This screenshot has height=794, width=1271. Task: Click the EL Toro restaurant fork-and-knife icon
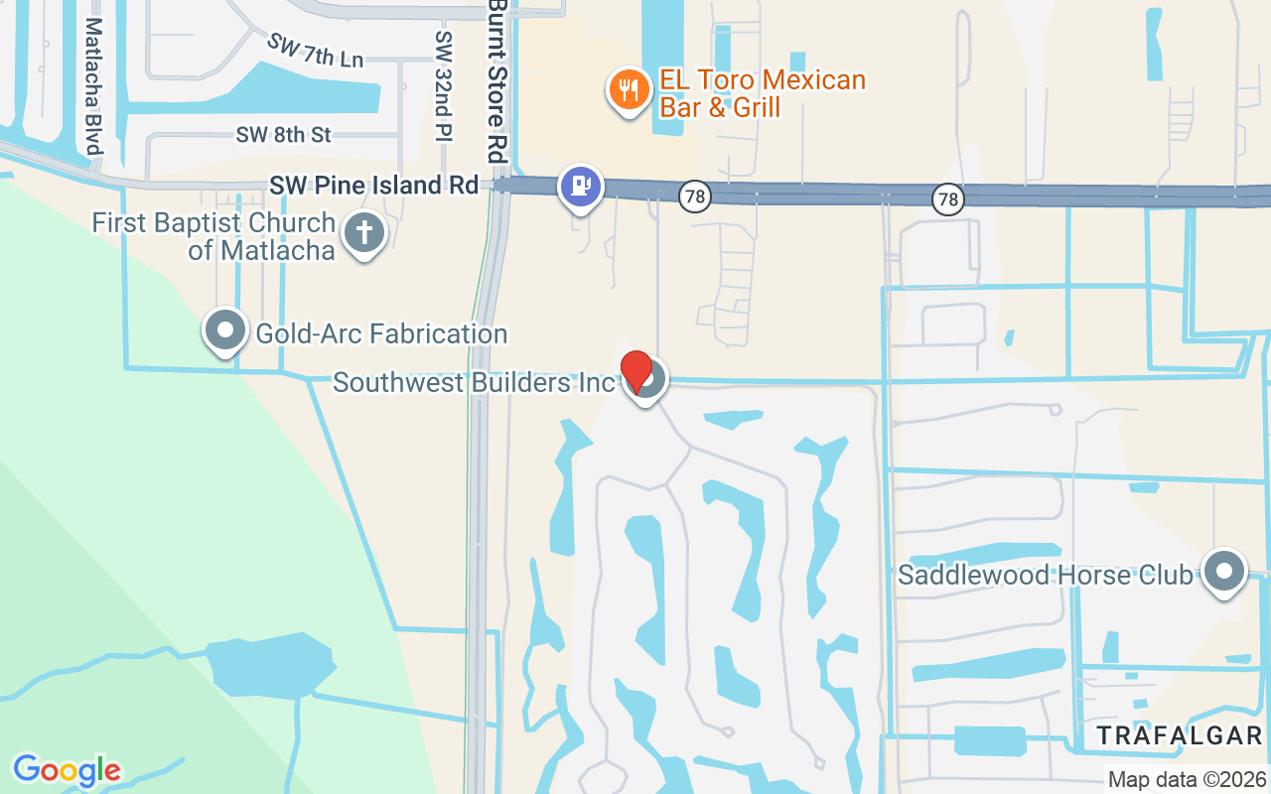point(628,91)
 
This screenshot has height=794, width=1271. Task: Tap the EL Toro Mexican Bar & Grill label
point(763,93)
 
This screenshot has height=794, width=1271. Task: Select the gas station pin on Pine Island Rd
point(581,186)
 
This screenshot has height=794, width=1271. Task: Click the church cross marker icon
point(364,234)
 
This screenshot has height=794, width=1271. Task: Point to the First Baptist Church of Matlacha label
point(212,236)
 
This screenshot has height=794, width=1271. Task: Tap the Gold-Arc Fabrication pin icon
point(225,329)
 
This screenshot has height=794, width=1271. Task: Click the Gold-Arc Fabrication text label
point(381,333)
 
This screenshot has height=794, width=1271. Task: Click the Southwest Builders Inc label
point(474,382)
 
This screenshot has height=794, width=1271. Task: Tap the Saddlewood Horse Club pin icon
point(1223,572)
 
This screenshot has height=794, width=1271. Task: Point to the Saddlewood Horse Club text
point(1045,575)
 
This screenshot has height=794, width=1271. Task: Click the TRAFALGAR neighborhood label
point(1180,735)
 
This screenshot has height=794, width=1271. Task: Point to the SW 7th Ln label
point(315,50)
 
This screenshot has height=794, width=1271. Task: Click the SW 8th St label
point(283,135)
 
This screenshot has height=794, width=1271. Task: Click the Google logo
point(67,770)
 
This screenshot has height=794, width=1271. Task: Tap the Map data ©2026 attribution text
point(1187,779)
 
